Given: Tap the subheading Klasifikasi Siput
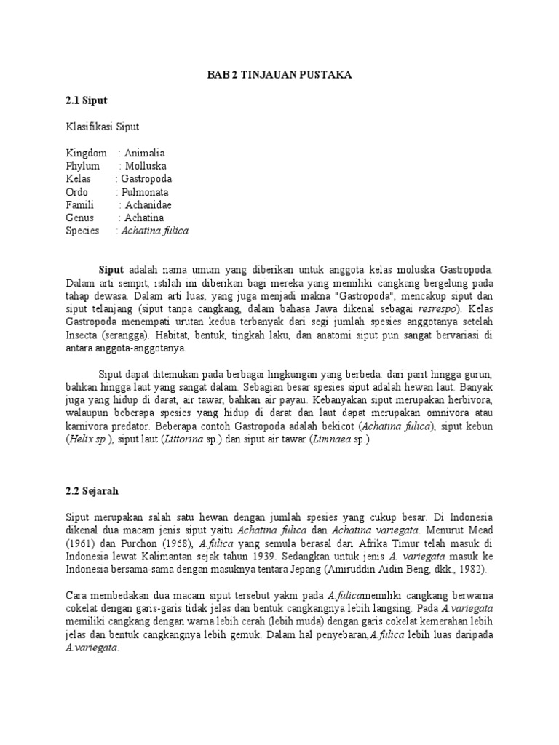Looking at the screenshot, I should coord(102,127).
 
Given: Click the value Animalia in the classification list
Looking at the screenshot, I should coord(144,153).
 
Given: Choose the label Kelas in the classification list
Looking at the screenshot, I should coord(78,179).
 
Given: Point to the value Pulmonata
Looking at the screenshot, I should coord(147,192).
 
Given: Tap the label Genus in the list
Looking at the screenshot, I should coord(79,218).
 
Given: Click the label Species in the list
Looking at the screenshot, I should coord(82,231).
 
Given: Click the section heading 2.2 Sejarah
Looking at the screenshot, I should coord(91,491).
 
